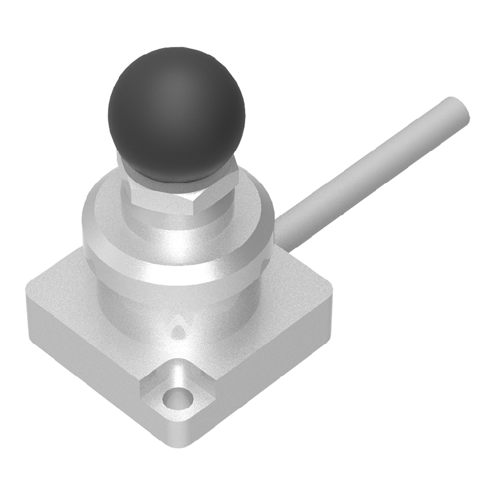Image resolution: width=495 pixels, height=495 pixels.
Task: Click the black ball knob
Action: point(176,114)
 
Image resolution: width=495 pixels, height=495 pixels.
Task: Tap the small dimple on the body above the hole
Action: point(178,331)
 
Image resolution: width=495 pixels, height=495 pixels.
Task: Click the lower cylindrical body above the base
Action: point(186,303)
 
